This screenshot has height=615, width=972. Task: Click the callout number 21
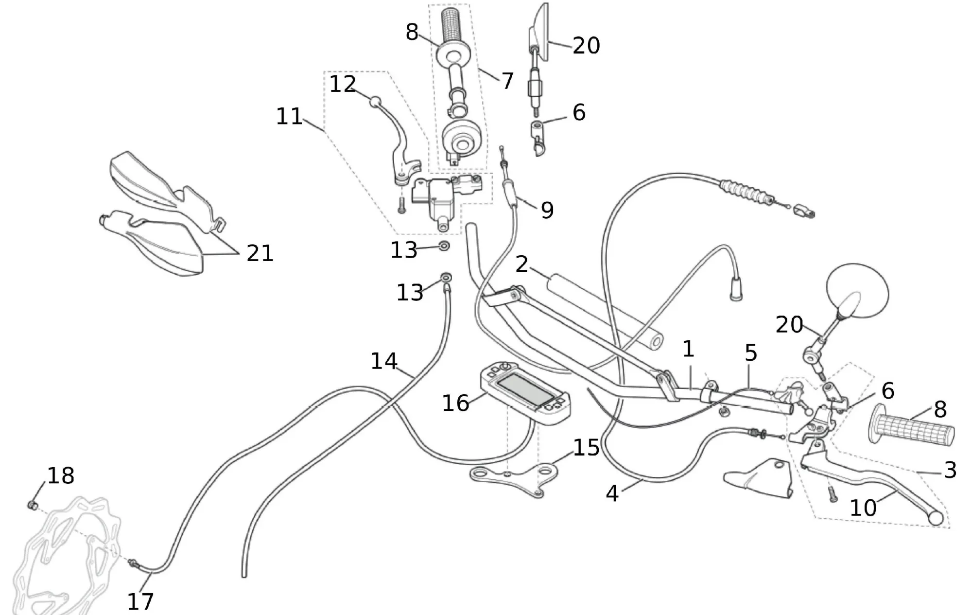point(260,253)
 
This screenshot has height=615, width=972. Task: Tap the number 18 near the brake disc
point(61,475)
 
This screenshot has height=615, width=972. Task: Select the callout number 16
point(455,403)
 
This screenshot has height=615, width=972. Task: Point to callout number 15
point(587,447)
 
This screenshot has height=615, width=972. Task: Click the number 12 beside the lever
point(343,84)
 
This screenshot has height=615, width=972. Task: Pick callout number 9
point(547,210)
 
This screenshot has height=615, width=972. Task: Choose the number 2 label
point(521,264)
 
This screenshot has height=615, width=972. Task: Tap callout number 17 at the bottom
point(140,601)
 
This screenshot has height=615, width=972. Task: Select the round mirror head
point(858,291)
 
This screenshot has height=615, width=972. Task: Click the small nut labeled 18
point(33,506)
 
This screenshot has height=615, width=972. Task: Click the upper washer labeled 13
point(444,246)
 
